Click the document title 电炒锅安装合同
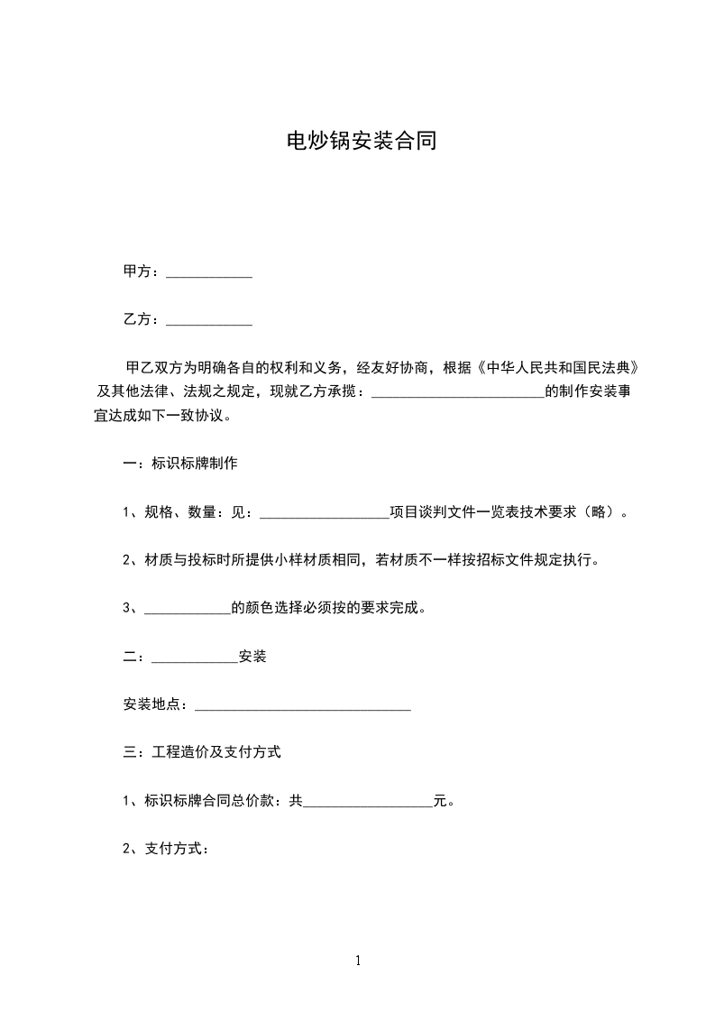pos(361,141)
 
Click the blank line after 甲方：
pos(209,272)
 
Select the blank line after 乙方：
pos(209,320)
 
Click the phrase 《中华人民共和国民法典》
pos(562,368)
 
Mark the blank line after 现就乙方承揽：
pos(458,393)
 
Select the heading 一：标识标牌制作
pos(180,464)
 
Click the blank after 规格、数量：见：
pos(325,513)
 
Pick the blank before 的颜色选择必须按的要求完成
pos(188,609)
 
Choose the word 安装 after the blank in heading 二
pos(252,657)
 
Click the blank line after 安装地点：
pos(303,705)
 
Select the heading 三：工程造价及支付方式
pos(202,752)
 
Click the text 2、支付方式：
pos(166,849)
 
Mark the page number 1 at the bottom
pos(358,961)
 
